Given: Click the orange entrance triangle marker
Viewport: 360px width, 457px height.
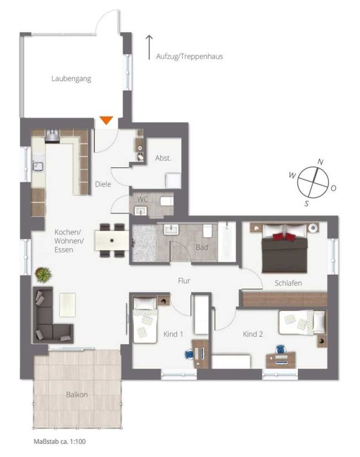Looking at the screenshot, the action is coord(106,120).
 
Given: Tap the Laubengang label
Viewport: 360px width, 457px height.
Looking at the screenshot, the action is coord(71,78).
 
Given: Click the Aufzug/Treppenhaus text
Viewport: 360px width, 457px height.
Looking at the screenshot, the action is coord(190,56).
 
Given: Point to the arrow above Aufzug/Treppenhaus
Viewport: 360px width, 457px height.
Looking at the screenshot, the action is coord(149,48).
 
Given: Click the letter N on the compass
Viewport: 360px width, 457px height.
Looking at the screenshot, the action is coord(320,162).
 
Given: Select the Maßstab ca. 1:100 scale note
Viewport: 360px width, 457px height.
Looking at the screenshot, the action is coord(60,441).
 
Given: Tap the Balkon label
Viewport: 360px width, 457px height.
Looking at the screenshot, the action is coord(77,395).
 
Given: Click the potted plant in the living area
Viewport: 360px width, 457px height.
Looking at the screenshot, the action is coord(43,275).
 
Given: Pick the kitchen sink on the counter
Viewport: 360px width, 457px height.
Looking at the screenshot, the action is coord(37,167).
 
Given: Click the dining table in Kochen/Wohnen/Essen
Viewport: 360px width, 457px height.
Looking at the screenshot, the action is coord(112,240).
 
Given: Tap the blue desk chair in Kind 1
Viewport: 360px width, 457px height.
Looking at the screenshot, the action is coord(189,354).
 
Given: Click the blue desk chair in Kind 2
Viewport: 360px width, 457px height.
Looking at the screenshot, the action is coord(280,349).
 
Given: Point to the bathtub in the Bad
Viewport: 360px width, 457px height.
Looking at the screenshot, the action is coord(227,241).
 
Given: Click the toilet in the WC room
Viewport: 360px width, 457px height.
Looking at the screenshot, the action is coord(167,201).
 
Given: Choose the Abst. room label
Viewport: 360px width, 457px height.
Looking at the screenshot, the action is coord(163,158).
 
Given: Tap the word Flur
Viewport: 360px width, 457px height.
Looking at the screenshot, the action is coord(184,281).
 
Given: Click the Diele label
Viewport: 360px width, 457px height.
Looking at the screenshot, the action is coord(103,184).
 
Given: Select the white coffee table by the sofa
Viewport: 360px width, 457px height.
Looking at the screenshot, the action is coord(68,305).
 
